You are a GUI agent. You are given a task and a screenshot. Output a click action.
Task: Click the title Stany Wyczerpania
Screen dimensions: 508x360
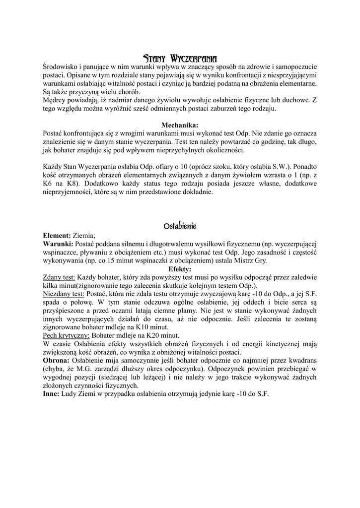tap(180, 58)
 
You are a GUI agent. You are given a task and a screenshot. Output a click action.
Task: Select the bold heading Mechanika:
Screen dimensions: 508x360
tap(180, 125)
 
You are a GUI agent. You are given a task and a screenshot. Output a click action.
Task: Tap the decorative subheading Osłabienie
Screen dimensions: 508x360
tap(180, 226)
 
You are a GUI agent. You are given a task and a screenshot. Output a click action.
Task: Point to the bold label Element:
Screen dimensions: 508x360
tap(57, 236)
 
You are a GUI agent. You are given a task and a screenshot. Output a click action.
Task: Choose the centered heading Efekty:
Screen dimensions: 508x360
tap(180, 269)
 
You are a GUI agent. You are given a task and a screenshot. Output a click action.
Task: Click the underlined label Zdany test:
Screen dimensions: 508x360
tap(59, 278)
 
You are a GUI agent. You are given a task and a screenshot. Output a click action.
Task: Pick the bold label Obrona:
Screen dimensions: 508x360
tap(57, 361)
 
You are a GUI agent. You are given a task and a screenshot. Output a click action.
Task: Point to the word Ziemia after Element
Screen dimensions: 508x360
tap(84, 236)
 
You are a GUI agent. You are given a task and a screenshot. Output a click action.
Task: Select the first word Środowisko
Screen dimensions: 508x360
tap(62, 66)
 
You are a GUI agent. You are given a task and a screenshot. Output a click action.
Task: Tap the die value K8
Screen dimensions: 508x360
tap(71, 184)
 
